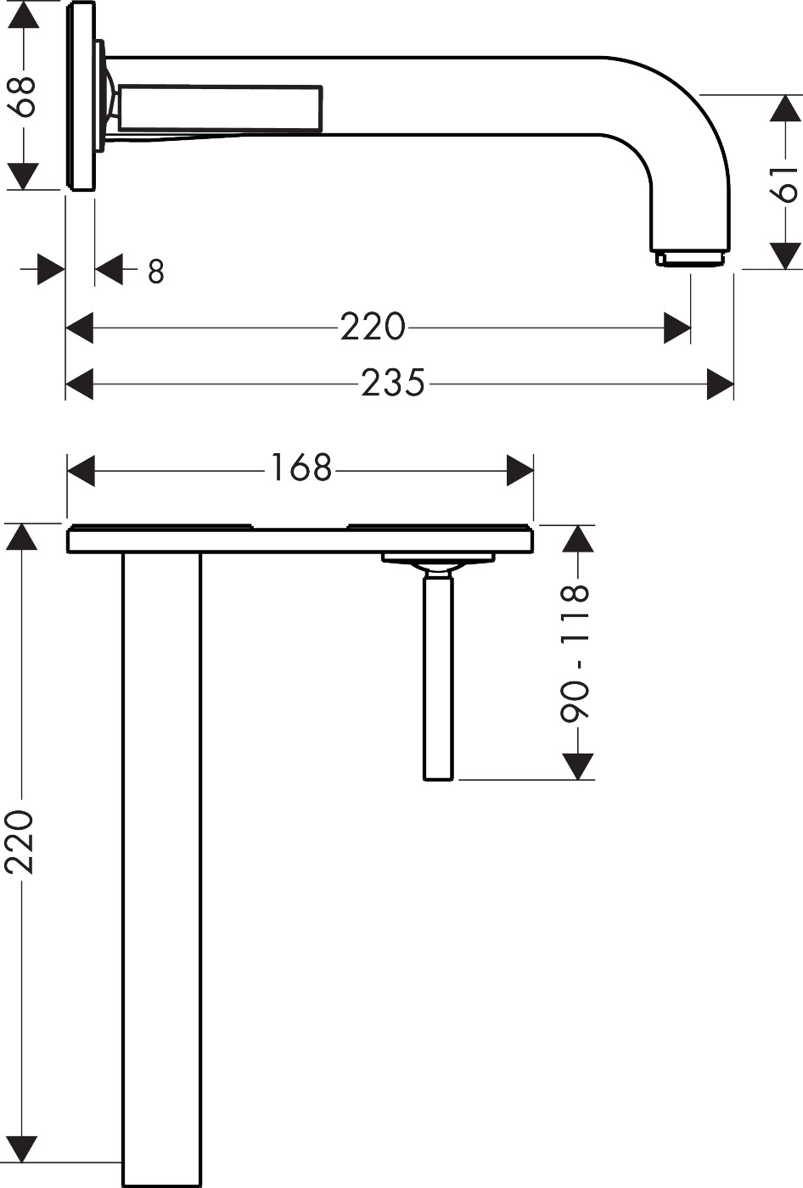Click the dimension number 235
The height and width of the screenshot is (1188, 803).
tap(393, 383)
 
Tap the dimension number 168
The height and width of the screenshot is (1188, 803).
tap(300, 468)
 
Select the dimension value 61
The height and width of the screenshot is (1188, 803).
tap(785, 184)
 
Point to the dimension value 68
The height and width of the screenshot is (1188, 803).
tap(21, 96)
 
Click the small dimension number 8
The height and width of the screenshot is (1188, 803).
tap(156, 272)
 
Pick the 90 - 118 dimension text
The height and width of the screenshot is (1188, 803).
tap(575, 653)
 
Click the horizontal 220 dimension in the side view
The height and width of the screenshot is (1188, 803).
tap(373, 327)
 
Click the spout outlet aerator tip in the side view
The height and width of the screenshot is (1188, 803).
tap(689, 260)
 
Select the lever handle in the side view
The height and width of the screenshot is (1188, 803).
tap(220, 109)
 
